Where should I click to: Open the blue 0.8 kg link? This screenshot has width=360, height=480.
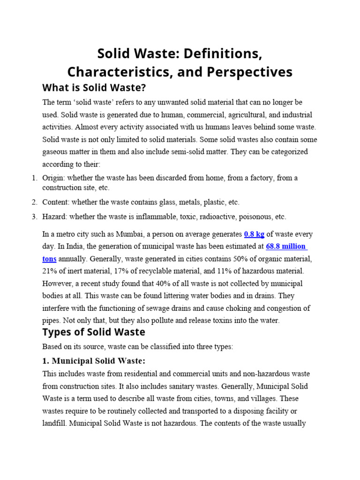pyautogui.click(x=254, y=234)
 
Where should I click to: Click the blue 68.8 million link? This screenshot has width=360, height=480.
pyautogui.click(x=286, y=246)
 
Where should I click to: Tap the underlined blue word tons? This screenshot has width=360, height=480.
pyautogui.click(x=49, y=259)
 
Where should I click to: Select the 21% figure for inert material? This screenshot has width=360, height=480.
pyautogui.click(x=50, y=271)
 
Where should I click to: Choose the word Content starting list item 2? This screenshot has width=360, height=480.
pyautogui.click(x=55, y=202)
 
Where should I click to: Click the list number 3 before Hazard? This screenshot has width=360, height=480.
pyautogui.click(x=34, y=217)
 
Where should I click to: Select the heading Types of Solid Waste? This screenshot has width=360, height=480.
pyautogui.click(x=94, y=332)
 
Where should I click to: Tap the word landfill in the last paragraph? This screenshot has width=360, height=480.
pyautogui.click(x=55, y=423)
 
